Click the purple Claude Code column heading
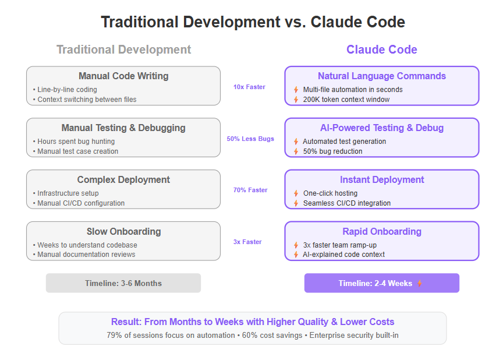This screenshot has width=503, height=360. (x=382, y=50)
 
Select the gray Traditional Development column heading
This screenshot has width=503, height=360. (x=124, y=50)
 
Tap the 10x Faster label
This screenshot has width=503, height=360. (x=249, y=87)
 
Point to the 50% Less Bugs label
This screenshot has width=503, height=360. (x=250, y=139)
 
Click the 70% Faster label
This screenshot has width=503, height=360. (x=250, y=190)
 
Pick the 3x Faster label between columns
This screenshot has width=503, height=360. (x=247, y=242)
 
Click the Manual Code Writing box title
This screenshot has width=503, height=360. (x=123, y=76)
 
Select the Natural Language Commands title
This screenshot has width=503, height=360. (x=382, y=76)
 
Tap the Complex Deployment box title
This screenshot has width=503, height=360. (x=123, y=179)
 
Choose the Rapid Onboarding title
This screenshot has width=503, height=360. (x=382, y=232)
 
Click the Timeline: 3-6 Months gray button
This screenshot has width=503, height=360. (x=123, y=283)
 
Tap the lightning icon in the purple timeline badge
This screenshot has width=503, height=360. (x=420, y=283)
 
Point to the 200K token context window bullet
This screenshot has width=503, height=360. (x=346, y=100)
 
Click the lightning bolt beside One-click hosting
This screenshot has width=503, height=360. (x=296, y=193)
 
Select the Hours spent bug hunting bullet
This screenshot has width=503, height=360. (x=76, y=142)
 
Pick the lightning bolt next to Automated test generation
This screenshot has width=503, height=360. (x=296, y=142)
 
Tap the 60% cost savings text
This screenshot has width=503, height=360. (x=272, y=336)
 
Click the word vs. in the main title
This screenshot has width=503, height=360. (x=295, y=22)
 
